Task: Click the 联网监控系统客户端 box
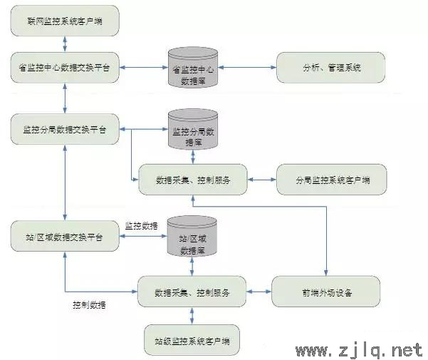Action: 65,21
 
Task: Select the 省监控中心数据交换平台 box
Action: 65,68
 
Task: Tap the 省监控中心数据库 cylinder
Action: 193,68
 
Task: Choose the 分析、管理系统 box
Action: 331,68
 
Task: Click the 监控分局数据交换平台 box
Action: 65,129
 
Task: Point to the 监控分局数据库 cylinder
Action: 193,129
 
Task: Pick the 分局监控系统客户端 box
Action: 332,180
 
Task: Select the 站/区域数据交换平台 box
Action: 65,236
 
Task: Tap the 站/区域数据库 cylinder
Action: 192,236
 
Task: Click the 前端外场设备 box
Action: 326,292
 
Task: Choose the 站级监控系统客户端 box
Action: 192,340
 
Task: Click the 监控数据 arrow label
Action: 142,226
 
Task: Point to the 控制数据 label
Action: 89,305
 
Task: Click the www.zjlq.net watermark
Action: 359,350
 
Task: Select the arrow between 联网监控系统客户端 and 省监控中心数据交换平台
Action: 65,44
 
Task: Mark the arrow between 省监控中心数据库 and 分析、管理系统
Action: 247,67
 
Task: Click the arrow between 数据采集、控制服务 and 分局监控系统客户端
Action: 262,180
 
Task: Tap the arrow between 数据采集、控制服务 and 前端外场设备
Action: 259,292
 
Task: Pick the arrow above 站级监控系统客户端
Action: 192,316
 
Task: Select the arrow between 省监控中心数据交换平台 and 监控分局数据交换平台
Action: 65,98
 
